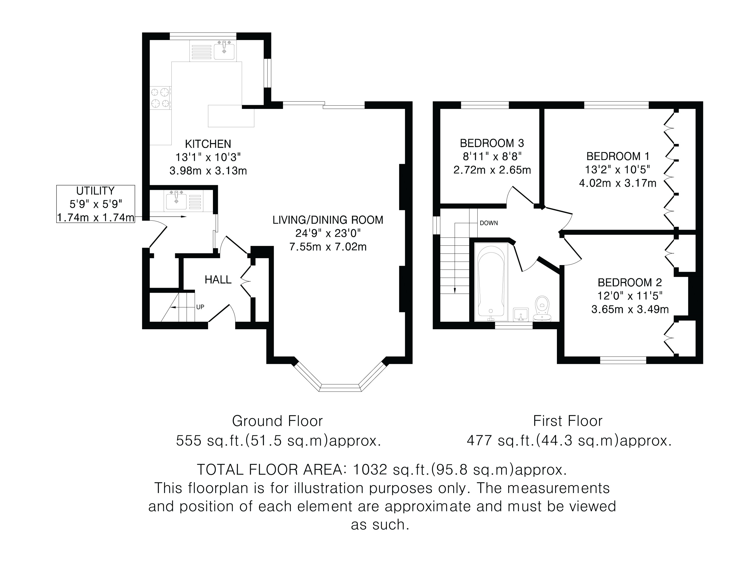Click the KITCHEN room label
point(208,144)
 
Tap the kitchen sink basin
point(224,50)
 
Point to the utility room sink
point(176,200)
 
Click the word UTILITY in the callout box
point(95,191)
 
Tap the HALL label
point(218,280)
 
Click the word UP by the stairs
point(200,307)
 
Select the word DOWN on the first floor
point(489,223)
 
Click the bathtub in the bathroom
point(491,282)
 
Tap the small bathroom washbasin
point(521,314)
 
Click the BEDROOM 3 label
point(492,143)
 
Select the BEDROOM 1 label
point(618,156)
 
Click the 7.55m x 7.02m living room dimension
point(328,246)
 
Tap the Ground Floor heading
point(277,421)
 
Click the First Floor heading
point(567,421)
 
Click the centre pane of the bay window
point(340,388)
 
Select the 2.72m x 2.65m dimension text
point(492,170)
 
